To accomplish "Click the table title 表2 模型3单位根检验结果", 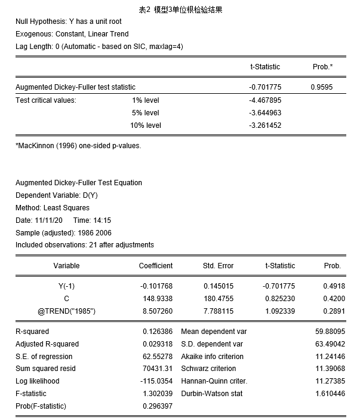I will (180, 10).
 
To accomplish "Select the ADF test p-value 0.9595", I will (321, 87).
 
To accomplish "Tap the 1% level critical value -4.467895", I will (265, 100).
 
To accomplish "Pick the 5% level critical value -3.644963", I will (265, 113).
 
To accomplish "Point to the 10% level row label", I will (146, 125).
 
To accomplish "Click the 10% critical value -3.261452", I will (265, 125).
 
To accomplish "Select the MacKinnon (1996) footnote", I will (78, 145).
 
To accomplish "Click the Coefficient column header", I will (156, 266).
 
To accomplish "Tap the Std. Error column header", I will (218, 266).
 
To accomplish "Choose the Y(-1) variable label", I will (66, 286).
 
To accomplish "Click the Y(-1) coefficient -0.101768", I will (156, 286).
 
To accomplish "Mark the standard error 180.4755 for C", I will (219, 298).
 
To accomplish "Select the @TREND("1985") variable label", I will (66, 311).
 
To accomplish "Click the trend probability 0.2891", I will (332, 311).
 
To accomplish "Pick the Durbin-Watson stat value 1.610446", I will (330, 394).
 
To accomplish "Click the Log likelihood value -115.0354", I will (156, 381).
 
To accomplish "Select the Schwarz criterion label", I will (208, 369).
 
